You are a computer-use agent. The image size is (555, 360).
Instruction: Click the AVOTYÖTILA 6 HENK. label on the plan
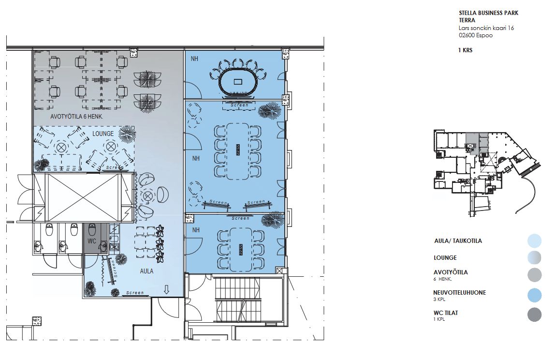click(x=76, y=117)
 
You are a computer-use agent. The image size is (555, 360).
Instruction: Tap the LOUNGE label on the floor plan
click(x=103, y=134)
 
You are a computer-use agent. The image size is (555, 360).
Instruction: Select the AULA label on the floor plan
click(x=146, y=271)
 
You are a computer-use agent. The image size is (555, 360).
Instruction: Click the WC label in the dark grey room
click(x=92, y=241)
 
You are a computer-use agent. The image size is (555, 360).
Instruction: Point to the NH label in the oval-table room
click(x=195, y=59)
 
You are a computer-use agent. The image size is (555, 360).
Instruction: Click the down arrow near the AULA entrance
click(x=166, y=289)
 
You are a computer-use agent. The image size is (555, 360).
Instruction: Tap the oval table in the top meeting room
click(x=238, y=81)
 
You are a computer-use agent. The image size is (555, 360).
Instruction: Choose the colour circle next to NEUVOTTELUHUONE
click(x=535, y=295)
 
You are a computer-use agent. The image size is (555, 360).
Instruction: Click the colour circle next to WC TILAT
click(x=535, y=315)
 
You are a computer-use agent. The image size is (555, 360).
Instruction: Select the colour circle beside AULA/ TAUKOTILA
click(x=535, y=240)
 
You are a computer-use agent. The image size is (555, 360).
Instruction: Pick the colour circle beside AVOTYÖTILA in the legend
click(x=535, y=275)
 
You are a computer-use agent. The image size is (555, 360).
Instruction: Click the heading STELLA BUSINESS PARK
click(x=488, y=13)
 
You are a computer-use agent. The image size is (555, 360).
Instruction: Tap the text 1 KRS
click(x=466, y=50)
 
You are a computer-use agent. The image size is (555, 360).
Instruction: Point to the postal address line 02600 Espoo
click(x=476, y=35)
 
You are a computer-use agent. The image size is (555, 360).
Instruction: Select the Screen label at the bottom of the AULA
click(x=135, y=293)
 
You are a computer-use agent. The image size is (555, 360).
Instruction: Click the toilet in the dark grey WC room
click(x=92, y=230)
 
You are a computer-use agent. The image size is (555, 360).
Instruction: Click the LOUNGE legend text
click(x=445, y=258)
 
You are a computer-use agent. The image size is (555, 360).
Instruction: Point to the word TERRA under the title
click(x=467, y=20)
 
